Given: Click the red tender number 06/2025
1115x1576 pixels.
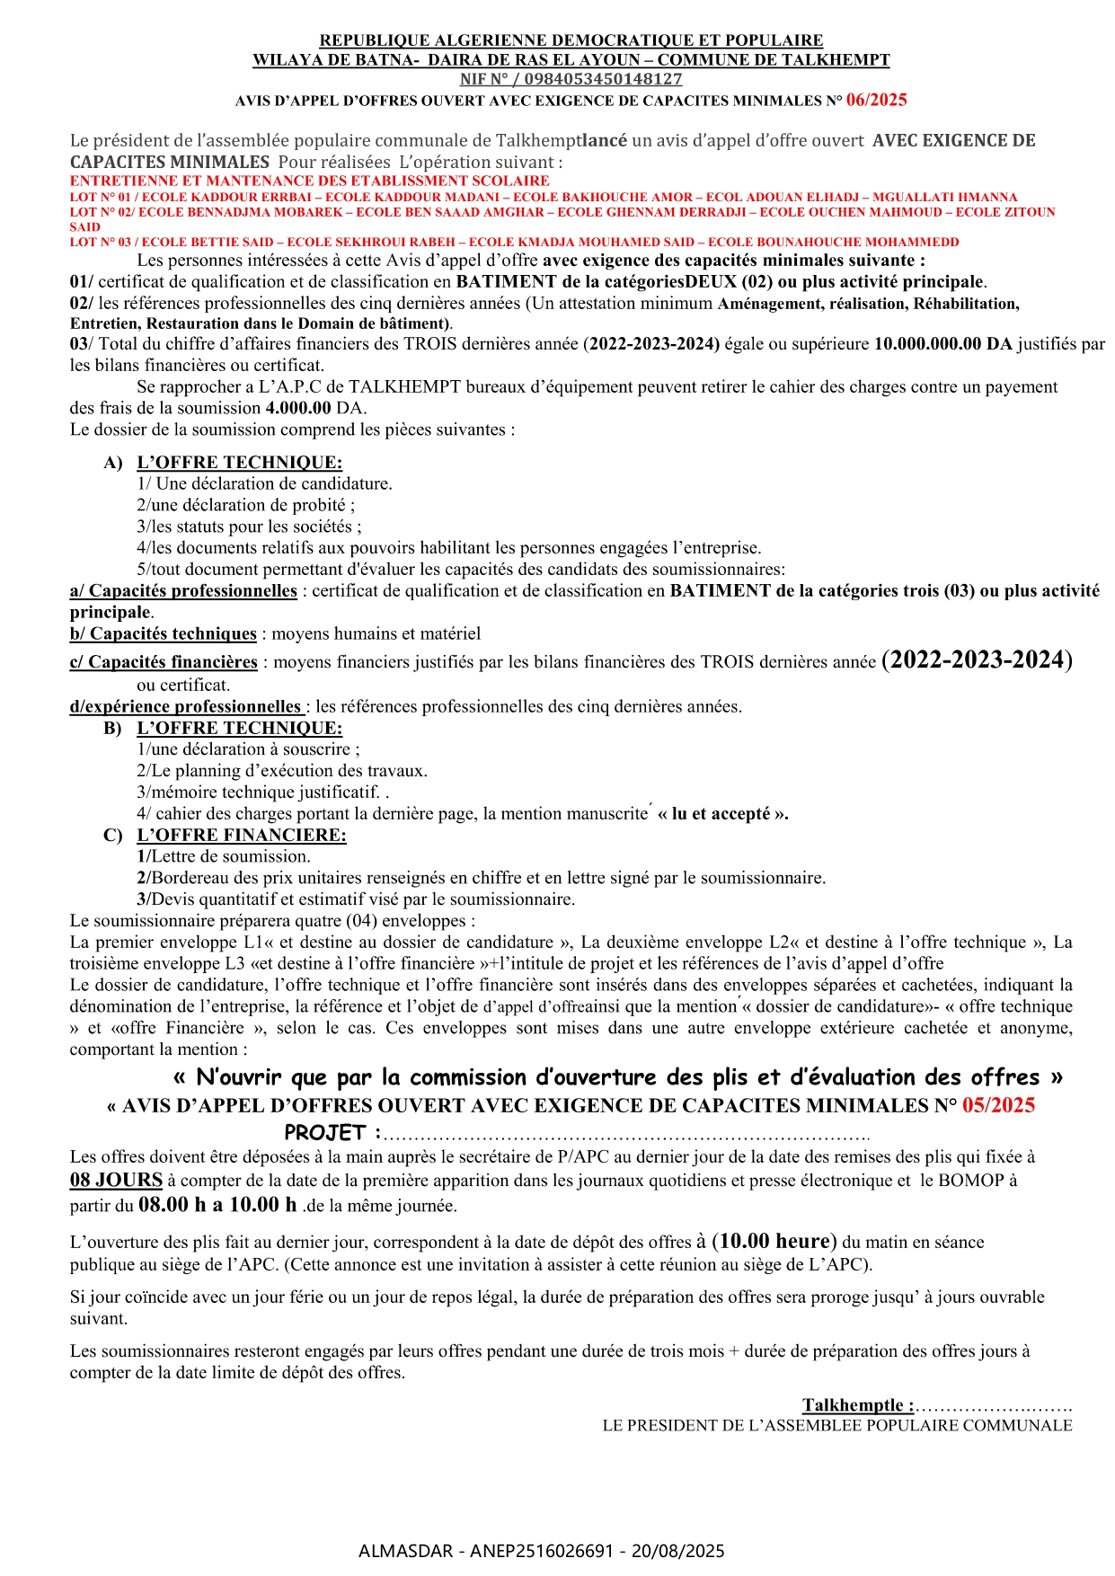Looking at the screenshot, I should point(876,101).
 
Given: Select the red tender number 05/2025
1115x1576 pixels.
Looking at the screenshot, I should point(998,1105).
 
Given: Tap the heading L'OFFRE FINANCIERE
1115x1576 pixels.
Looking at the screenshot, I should point(241,835).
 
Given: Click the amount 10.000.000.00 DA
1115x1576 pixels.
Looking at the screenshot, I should point(942,344).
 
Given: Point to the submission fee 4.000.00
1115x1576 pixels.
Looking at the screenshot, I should point(298,408).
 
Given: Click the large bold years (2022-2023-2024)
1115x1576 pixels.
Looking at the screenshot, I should point(977,660).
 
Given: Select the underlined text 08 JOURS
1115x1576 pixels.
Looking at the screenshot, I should point(116,1180).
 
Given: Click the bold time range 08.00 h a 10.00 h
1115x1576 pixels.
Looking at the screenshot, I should point(218,1205).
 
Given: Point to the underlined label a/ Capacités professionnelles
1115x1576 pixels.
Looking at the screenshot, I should point(183,590).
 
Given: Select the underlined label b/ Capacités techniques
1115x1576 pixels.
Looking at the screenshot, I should point(164,633).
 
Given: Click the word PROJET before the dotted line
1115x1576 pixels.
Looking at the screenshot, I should point(325,1132).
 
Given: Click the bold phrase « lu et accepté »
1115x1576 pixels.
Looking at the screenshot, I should point(723,814).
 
